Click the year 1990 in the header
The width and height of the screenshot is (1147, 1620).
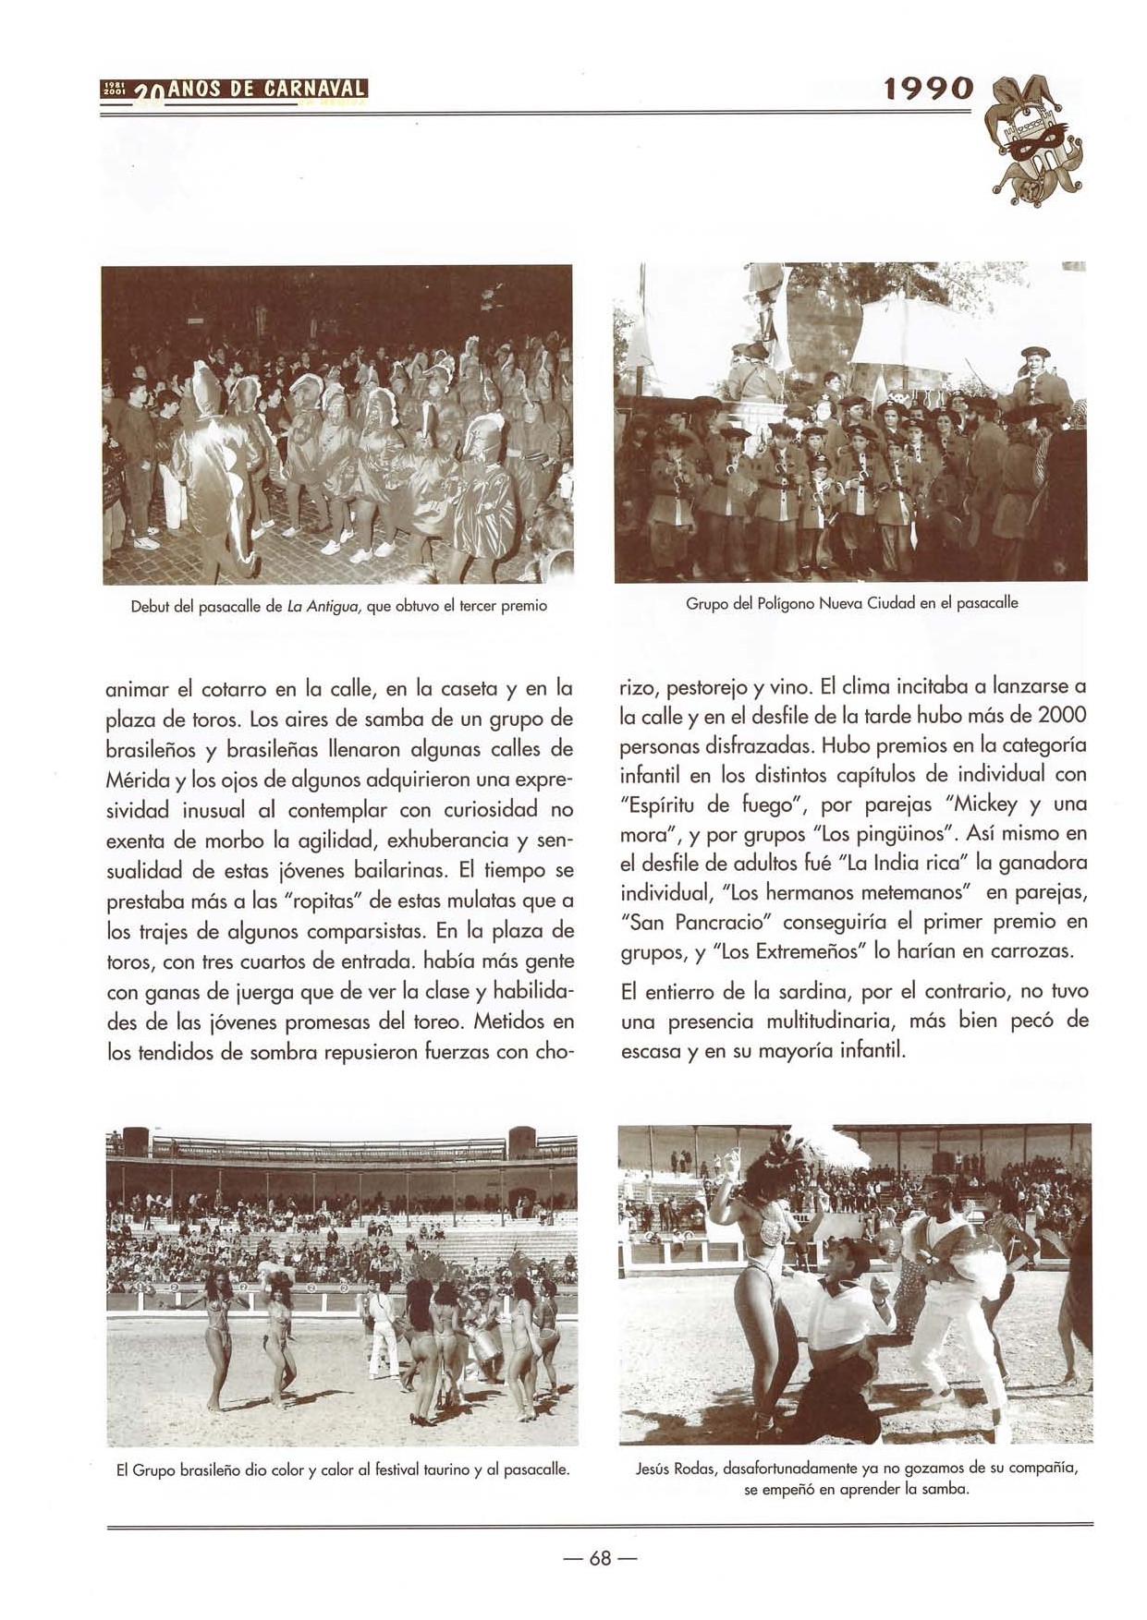click(x=928, y=89)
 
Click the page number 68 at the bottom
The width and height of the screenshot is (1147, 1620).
click(x=600, y=1558)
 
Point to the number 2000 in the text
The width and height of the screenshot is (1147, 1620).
click(x=1061, y=716)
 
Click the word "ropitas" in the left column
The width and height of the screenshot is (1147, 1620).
click(x=325, y=900)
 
